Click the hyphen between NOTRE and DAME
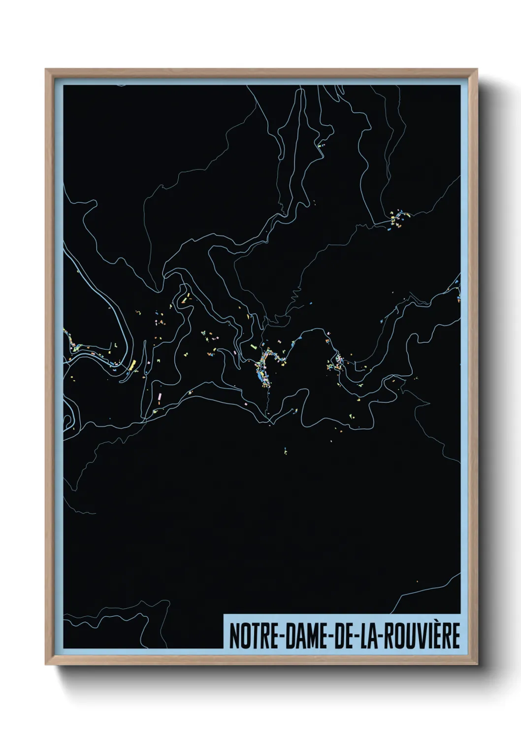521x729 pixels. [279, 637]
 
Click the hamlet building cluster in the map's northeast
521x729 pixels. [396, 219]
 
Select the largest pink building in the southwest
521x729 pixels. [160, 397]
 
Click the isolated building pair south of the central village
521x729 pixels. [285, 450]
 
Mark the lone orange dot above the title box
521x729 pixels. [417, 581]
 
